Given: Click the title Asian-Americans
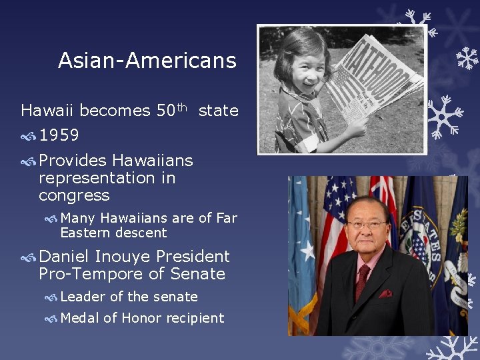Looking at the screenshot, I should coord(147,61).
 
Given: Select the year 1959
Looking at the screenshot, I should coord(59,136).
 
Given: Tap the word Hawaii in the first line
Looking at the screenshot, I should coord(45,110).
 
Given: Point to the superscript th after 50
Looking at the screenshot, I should coord(185,107).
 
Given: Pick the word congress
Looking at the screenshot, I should coord(74,195).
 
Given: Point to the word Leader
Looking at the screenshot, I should coord(83,297).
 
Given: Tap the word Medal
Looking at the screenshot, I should coord(80,318).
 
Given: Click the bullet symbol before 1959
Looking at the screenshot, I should coord(28,137).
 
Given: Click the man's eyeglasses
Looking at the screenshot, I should coord(367,225).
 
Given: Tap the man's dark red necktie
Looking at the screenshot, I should coord(362,280).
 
